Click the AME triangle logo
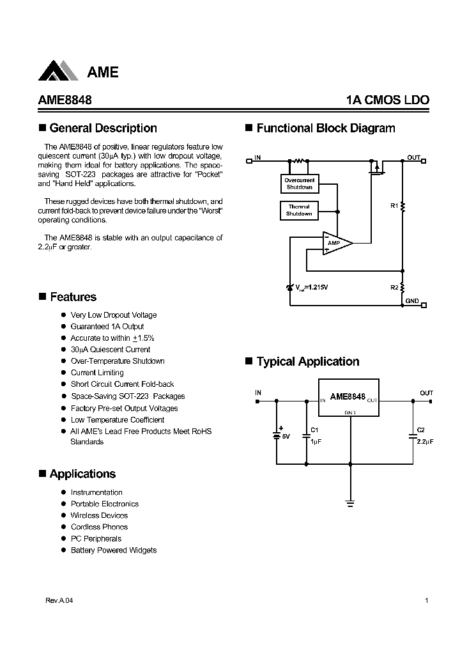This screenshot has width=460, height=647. [x=59, y=70]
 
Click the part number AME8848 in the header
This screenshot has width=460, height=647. [x=61, y=100]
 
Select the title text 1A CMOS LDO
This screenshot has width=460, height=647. [x=387, y=100]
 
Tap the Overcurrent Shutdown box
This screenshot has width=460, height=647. [x=299, y=183]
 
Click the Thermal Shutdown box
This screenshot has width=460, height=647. [x=299, y=210]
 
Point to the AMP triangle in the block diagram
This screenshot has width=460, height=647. [x=335, y=243]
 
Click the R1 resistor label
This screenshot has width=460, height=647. [x=394, y=205]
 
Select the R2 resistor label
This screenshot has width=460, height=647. [x=394, y=287]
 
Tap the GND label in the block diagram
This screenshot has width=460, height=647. [x=412, y=300]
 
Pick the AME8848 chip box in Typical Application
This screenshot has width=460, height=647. [x=349, y=398]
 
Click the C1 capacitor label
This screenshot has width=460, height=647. [x=314, y=430]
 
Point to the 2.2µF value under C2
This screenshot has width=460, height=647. [x=425, y=442]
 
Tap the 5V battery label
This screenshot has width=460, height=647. [x=286, y=437]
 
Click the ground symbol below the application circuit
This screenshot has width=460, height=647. [x=349, y=503]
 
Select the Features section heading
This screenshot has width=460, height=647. [x=73, y=297]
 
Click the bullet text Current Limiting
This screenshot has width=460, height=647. [x=97, y=373]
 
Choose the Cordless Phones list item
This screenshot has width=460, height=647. [x=99, y=527]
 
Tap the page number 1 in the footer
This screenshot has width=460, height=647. [x=426, y=601]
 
